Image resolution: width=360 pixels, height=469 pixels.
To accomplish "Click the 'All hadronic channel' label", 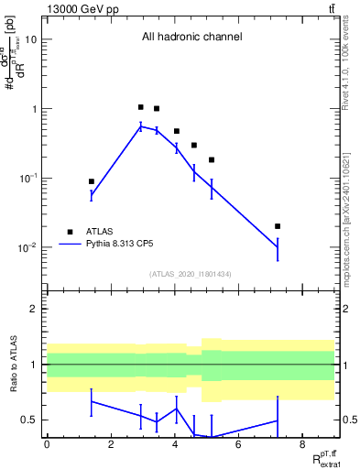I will [x=191, y=38].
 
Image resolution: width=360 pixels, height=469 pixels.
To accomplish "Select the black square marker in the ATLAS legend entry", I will [x=70, y=232].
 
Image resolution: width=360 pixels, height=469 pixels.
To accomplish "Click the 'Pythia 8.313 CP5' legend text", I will [x=125, y=245].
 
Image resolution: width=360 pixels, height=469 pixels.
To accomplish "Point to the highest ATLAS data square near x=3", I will [x=140, y=107].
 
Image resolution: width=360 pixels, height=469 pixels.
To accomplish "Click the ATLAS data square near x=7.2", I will [x=278, y=226].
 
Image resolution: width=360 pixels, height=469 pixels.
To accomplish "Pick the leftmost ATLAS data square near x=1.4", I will [x=92, y=181].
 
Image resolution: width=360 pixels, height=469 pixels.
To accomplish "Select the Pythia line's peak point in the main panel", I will [x=140, y=126].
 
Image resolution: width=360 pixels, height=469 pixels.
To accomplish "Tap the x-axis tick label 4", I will [x=174, y=445].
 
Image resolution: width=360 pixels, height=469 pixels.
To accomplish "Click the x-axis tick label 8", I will [x=302, y=445].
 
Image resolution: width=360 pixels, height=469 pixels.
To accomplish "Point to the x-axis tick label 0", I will [x=47, y=445].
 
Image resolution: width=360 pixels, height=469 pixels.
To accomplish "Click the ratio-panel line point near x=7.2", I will [x=278, y=420].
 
